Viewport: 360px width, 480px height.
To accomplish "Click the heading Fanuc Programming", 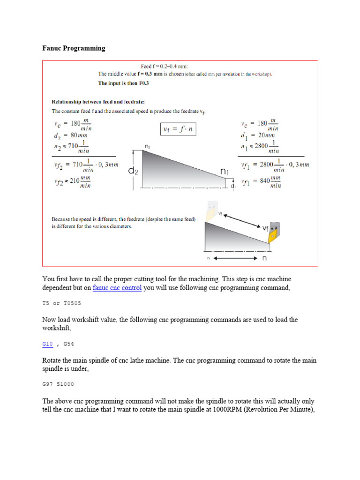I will pos(74,48).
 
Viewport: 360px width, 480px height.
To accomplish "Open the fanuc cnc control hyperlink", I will pos(117,288).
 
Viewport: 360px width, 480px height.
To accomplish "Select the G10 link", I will pos(47,344).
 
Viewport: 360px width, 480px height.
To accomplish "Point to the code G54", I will pos(68,344).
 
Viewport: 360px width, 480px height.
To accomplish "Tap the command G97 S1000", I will pos(58,384).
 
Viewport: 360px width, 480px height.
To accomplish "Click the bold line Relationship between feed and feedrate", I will pos(97,101).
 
